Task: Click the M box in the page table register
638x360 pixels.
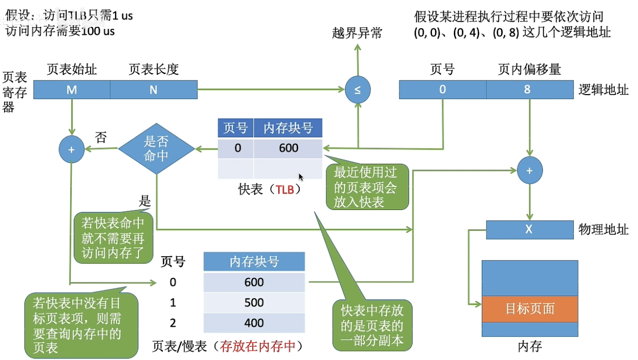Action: pos(72,90)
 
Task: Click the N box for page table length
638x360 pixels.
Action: pos(154,90)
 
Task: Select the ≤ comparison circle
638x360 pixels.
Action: pos(357,90)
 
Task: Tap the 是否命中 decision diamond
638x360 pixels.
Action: pos(157,149)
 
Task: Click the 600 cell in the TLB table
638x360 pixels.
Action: pos(288,148)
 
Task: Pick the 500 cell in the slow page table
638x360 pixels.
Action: pos(254,303)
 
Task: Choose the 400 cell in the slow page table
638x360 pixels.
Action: pos(254,323)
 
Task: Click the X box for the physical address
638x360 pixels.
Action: pos(529,229)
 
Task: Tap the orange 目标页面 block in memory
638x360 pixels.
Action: pos(530,309)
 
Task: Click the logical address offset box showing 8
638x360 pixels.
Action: pos(530,90)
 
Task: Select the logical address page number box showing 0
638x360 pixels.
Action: pos(443,90)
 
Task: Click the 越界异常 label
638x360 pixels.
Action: pos(357,34)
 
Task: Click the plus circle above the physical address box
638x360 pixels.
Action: pos(530,171)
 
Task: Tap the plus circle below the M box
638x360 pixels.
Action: pos(72,149)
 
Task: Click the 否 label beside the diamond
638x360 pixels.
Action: pos(101,137)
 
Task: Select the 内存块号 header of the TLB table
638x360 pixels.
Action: pos(288,128)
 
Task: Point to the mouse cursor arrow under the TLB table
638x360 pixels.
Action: pos(301,177)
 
